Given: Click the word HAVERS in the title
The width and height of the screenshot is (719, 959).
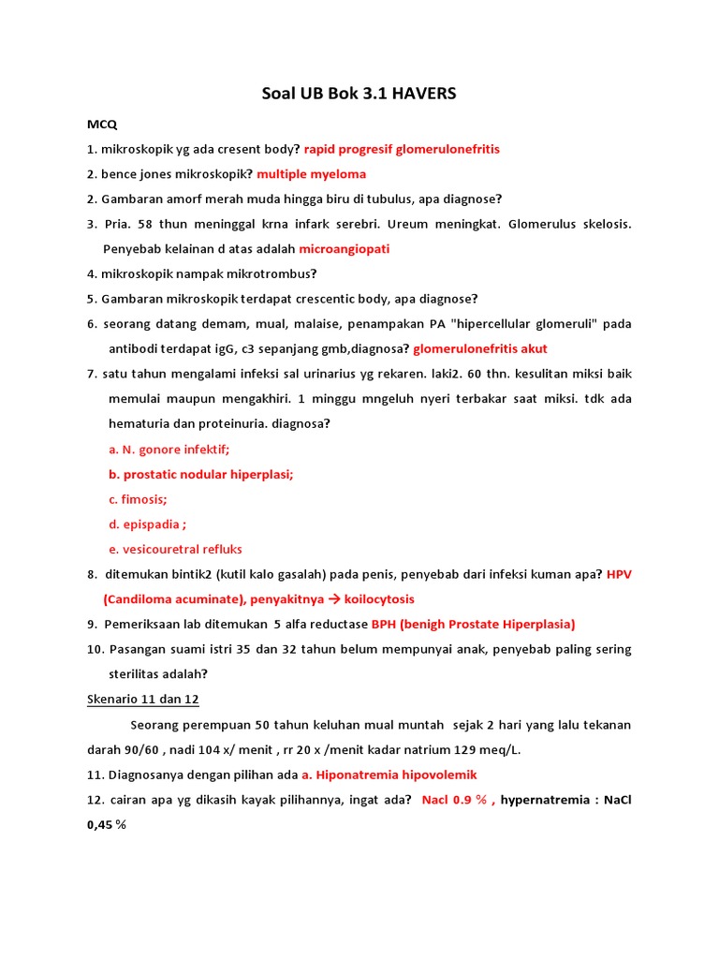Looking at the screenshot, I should point(421,94).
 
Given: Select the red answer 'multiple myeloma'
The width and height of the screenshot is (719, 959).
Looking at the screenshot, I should point(312,174).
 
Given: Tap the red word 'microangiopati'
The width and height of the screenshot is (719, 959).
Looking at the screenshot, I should point(345,249).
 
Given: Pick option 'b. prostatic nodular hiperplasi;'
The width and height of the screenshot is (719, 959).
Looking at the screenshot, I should point(200,475).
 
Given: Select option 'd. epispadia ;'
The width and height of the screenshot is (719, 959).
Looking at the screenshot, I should point(147,524).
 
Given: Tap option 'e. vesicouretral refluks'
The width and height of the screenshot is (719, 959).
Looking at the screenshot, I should point(175,550).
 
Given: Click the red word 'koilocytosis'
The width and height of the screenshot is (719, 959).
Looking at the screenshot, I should point(379,599).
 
